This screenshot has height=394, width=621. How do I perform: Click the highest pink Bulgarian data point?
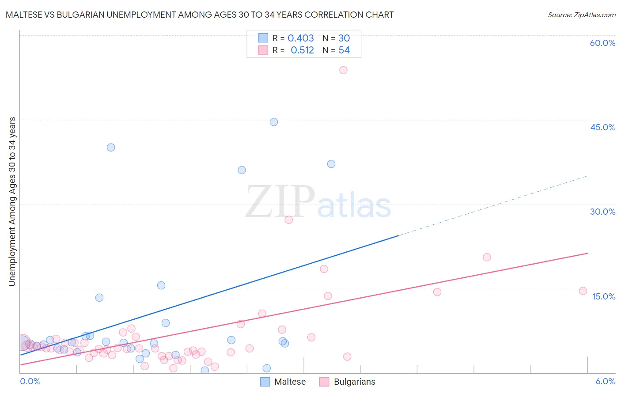tap(343, 70)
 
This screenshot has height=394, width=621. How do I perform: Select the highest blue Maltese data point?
tap(274, 122)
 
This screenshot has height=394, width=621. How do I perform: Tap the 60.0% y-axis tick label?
tap(602, 43)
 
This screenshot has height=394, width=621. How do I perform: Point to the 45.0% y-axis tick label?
tap(602, 127)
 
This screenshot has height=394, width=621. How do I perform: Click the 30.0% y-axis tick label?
tap(602, 212)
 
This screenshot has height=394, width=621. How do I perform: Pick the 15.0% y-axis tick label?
tap(603, 296)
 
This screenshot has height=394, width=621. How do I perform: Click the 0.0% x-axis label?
tap(30, 381)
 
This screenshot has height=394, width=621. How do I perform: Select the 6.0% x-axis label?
tap(605, 381)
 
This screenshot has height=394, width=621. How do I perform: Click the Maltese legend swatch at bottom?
tap(265, 382)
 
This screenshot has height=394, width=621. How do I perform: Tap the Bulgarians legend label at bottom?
tap(354, 382)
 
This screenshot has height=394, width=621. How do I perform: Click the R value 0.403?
tap(301, 38)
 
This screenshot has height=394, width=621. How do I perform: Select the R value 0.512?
tap(302, 50)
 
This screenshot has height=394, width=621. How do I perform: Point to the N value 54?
tap(344, 50)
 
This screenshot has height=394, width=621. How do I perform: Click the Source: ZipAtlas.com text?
tap(581, 15)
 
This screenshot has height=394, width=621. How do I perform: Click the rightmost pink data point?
tap(583, 291)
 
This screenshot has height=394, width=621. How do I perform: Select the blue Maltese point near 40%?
tap(111, 148)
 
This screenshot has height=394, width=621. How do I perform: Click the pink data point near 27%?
tap(289, 220)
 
